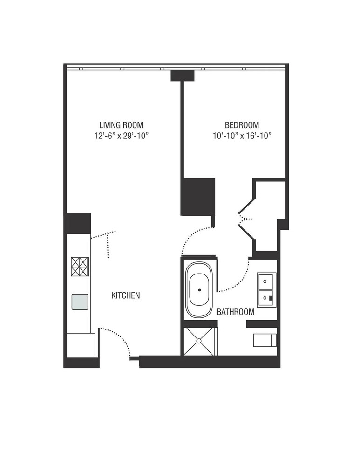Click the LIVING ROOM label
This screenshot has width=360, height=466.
coord(121,125)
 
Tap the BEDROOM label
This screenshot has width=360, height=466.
coord(242,125)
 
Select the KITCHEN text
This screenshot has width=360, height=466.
coord(125,295)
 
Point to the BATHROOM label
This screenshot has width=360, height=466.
coord(236,312)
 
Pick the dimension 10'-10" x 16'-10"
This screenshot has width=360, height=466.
coord(242,136)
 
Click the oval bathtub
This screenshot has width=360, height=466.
coord(200,290)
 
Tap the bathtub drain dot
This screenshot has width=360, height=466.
coord(200,290)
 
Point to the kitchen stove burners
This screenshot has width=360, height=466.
coord(80,267)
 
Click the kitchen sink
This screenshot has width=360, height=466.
coord(80,302)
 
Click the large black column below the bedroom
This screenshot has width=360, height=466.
coord(197,197)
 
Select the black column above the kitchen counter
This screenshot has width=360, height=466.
coord(79,224)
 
